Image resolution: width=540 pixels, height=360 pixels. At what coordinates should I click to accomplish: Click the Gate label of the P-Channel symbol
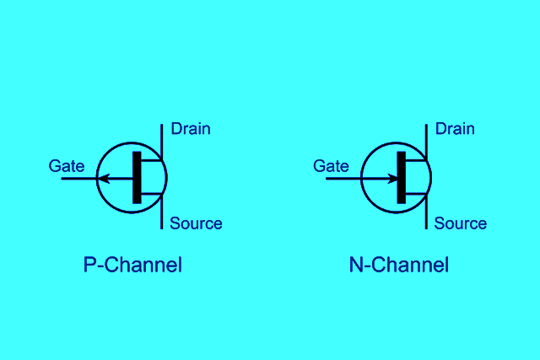coord(67,166)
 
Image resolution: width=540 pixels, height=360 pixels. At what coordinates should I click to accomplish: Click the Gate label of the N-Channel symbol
coord(331,166)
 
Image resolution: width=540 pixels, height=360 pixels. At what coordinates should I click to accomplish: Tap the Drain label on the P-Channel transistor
coord(191,129)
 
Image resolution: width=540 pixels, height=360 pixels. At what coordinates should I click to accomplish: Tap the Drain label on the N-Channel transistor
coord(455,129)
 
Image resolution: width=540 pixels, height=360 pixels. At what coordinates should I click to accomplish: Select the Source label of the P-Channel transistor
coord(196,223)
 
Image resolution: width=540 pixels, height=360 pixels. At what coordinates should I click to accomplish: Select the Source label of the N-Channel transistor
coord(461,223)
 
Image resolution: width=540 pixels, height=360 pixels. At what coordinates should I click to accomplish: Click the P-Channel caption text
coord(132,265)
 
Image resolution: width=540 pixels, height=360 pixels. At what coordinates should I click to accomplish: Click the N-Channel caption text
coord(398,265)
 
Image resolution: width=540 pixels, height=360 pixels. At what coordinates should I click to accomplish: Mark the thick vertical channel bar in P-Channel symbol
coord(137,177)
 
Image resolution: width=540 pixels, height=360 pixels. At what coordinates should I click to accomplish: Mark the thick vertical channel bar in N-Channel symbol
coord(401,177)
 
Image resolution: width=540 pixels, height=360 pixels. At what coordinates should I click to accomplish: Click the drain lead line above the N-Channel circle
coord(426,135)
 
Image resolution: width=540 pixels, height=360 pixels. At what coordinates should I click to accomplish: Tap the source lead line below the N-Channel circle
coord(426,218)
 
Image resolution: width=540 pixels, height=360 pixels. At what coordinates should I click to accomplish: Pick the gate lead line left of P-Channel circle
coord(78,178)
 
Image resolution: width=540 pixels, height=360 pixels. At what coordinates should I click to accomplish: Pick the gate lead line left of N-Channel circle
coord(343,178)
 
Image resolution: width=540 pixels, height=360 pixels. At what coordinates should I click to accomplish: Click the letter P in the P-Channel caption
coord(89,265)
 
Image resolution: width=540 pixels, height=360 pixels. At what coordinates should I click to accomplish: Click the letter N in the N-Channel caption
coord(356,265)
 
